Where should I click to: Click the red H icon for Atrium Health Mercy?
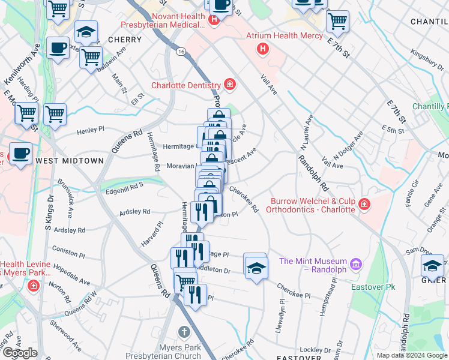tap(262, 48)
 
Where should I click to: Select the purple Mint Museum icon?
tap(356, 263)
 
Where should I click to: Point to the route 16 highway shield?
tap(180, 53)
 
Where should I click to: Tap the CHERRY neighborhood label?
tap(125, 40)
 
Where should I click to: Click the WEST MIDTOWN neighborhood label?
tap(70, 161)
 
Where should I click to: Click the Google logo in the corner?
tap(20, 353)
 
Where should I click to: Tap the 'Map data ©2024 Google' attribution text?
tap(412, 355)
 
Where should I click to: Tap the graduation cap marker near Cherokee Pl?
tap(255, 265)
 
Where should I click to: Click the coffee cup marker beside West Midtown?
tap(20, 153)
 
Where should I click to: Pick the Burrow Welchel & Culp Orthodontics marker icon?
tap(364, 205)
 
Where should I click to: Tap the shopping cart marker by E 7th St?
tap(338, 22)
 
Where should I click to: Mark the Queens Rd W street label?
tap(80, 303)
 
